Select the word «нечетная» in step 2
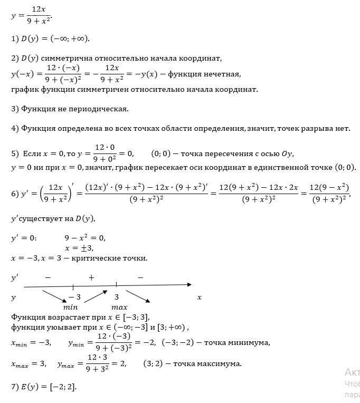pyautogui.click(x=222, y=73)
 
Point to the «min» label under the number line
pyautogui.click(x=70, y=306)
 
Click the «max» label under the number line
pyautogui.click(x=119, y=306)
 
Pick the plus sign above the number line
pyautogui.click(x=91, y=277)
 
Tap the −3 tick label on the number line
pyautogui.click(x=74, y=297)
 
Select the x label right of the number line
pyautogui.click(x=200, y=298)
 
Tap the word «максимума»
pyautogui.click(x=217, y=364)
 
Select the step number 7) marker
pyautogui.click(x=15, y=387)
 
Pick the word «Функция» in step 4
pyautogui.click(x=36, y=128)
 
